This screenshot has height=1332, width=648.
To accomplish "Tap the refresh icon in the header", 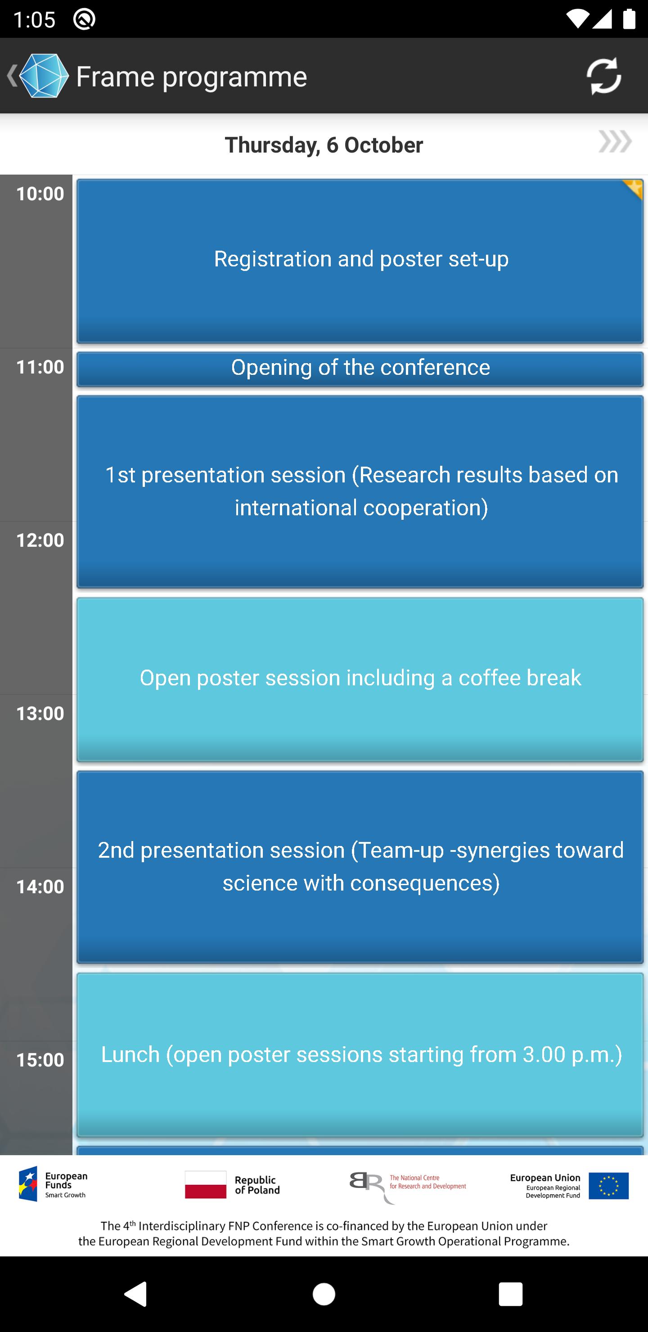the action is pyautogui.click(x=603, y=76).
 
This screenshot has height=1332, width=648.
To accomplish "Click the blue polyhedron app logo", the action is pyautogui.click(x=44, y=76).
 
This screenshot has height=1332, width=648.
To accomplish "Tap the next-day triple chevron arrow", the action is pyautogui.click(x=615, y=142).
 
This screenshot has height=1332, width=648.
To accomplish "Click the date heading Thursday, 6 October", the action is pyautogui.click(x=324, y=145).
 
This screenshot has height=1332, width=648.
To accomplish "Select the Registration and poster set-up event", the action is pyautogui.click(x=360, y=261).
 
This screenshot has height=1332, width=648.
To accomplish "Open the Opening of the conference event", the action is pyautogui.click(x=360, y=369).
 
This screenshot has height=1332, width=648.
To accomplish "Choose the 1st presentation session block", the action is pyautogui.click(x=360, y=492).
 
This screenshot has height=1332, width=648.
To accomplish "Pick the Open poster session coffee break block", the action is pyautogui.click(x=360, y=679).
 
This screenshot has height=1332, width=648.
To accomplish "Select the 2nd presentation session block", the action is pyautogui.click(x=360, y=867).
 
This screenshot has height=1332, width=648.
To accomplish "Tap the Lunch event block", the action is pyautogui.click(x=360, y=1055).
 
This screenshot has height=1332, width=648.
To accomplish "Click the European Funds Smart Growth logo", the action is pyautogui.click(x=53, y=1183).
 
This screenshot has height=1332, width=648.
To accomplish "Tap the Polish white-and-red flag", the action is pyautogui.click(x=205, y=1184).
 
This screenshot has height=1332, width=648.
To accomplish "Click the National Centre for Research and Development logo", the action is pyautogui.click(x=408, y=1187).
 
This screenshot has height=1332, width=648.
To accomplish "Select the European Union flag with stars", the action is pyautogui.click(x=608, y=1185).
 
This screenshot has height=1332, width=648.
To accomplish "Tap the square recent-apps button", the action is pyautogui.click(x=510, y=1294).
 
